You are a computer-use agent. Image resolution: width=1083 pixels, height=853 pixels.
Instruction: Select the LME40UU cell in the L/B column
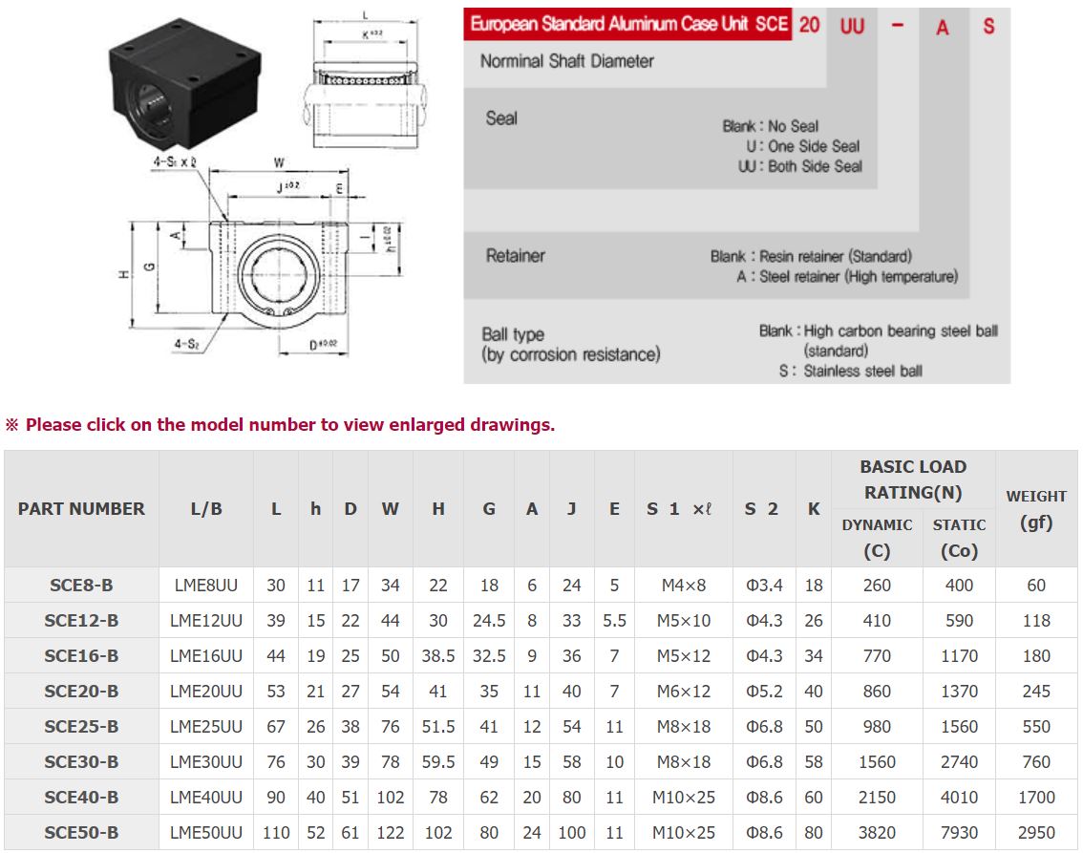click(206, 798)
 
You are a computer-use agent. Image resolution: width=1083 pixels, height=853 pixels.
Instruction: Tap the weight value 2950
click(1036, 833)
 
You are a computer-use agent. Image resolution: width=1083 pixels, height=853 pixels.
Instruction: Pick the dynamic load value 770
click(877, 656)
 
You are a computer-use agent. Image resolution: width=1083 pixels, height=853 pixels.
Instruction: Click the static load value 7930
click(959, 833)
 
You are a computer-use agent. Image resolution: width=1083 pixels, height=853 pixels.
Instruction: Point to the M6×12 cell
click(683, 692)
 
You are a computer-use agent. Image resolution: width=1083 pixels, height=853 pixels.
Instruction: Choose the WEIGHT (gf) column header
click(1036, 509)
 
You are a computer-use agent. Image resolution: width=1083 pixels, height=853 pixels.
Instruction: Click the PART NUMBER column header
click(81, 509)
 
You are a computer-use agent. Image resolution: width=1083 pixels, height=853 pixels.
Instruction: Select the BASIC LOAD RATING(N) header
click(913, 480)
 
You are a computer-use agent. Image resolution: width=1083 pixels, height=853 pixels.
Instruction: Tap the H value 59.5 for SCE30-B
click(438, 762)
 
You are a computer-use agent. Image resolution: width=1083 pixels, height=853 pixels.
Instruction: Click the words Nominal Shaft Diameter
click(567, 61)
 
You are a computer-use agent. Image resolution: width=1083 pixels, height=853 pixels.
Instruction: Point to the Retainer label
click(516, 256)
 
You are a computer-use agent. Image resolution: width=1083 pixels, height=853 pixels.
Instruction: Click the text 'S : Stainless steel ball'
click(851, 371)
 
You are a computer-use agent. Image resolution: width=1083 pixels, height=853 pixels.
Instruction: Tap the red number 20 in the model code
click(810, 26)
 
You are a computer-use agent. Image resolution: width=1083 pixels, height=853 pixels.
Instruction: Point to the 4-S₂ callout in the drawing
click(186, 342)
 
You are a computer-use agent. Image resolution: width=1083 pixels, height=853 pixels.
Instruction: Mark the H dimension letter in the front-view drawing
click(124, 274)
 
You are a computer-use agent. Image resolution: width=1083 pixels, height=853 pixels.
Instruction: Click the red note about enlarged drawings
click(281, 425)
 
